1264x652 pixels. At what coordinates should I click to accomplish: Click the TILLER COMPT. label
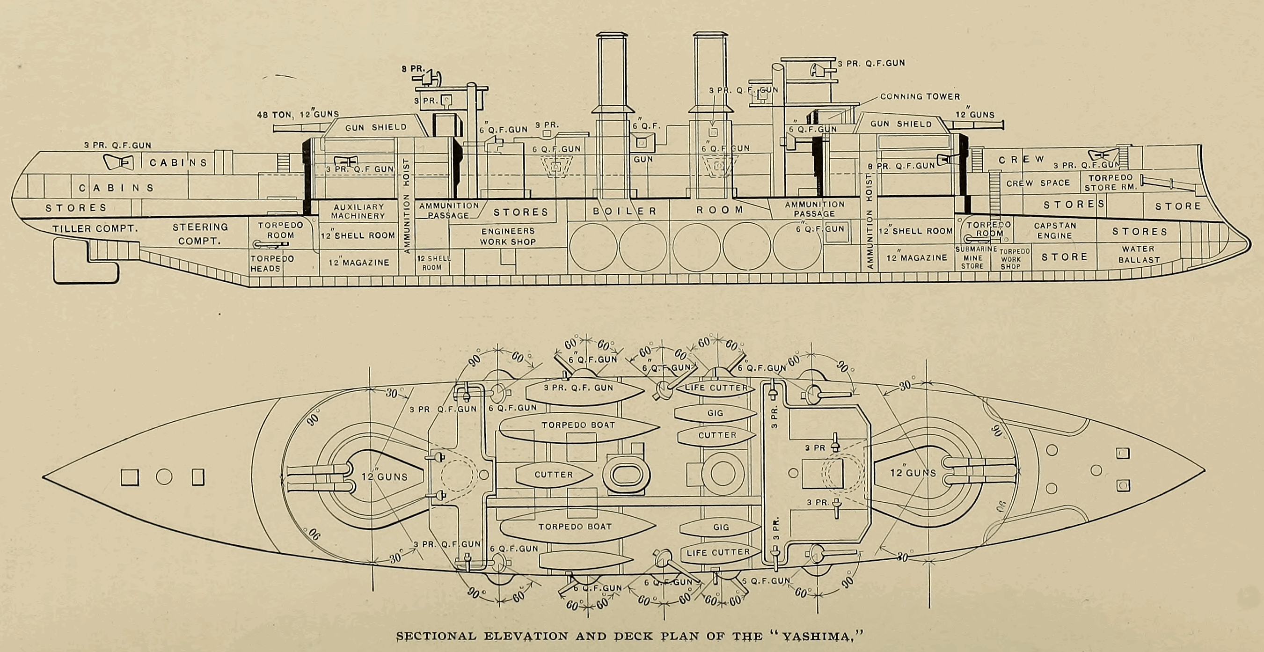pos(95,228)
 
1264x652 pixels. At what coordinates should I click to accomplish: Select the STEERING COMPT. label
pos(200,234)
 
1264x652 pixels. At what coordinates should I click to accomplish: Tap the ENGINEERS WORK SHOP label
pos(508,236)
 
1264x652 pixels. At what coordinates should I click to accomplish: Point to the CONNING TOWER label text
pos(920,96)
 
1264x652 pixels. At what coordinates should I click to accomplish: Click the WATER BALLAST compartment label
pos(1139,254)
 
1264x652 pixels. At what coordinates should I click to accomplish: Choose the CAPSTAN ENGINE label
pos(1055,231)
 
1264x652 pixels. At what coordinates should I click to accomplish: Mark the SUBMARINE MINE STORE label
pos(975,257)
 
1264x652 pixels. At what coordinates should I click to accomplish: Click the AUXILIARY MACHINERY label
pos(358,211)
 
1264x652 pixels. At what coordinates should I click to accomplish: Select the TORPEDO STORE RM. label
pos(1111,183)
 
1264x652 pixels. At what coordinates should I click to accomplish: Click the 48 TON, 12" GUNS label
pos(298,114)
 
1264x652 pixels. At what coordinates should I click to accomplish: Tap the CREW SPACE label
pos(1038,183)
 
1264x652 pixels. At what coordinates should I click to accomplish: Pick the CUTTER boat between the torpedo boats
pos(554,475)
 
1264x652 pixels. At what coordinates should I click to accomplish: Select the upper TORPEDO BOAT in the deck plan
pos(578,425)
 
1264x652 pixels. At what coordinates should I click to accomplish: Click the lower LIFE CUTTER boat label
pos(718,552)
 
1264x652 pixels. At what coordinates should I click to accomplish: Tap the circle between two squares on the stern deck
pos(164,477)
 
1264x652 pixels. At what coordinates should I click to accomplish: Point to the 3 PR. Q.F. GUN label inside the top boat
pos(578,388)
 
